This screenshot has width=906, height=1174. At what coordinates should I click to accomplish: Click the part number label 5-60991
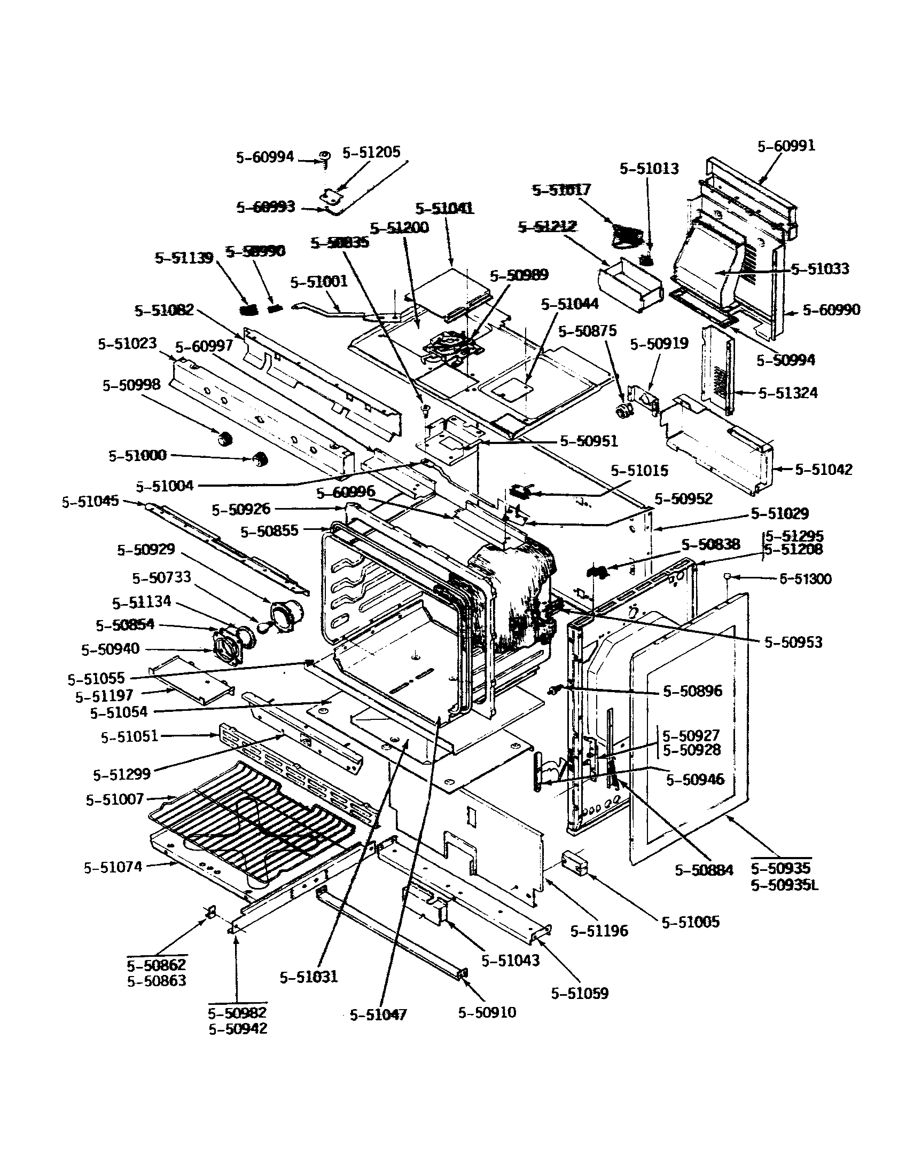tap(786, 146)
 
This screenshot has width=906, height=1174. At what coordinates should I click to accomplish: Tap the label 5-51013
tap(649, 168)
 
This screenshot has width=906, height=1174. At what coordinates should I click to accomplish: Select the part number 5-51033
tap(820, 268)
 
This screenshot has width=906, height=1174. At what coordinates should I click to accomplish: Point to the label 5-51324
tap(787, 393)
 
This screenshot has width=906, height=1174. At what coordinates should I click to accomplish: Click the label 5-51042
tap(824, 469)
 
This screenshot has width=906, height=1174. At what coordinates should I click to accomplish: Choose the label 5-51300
tap(806, 579)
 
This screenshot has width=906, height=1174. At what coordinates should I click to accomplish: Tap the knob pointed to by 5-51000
tap(261, 459)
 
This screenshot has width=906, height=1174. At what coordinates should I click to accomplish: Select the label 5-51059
tap(580, 994)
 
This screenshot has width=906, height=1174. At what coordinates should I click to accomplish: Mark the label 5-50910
tap(487, 1013)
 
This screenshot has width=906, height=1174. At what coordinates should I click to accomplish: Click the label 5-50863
tap(157, 981)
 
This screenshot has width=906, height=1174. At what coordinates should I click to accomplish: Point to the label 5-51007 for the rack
tap(115, 799)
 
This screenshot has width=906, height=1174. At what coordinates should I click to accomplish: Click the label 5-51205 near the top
tap(371, 152)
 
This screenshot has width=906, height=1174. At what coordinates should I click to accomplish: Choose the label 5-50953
tap(794, 642)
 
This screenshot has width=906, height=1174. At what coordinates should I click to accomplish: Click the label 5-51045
tap(90, 502)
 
